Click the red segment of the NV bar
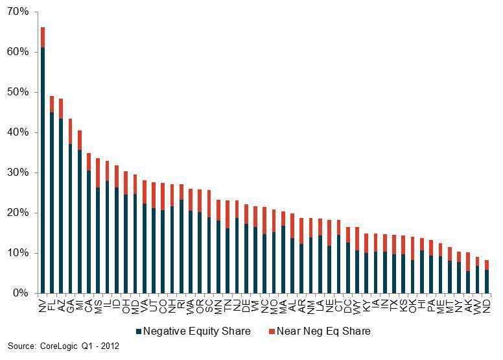[43, 37]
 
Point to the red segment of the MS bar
[98, 173]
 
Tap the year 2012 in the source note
[110, 346]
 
